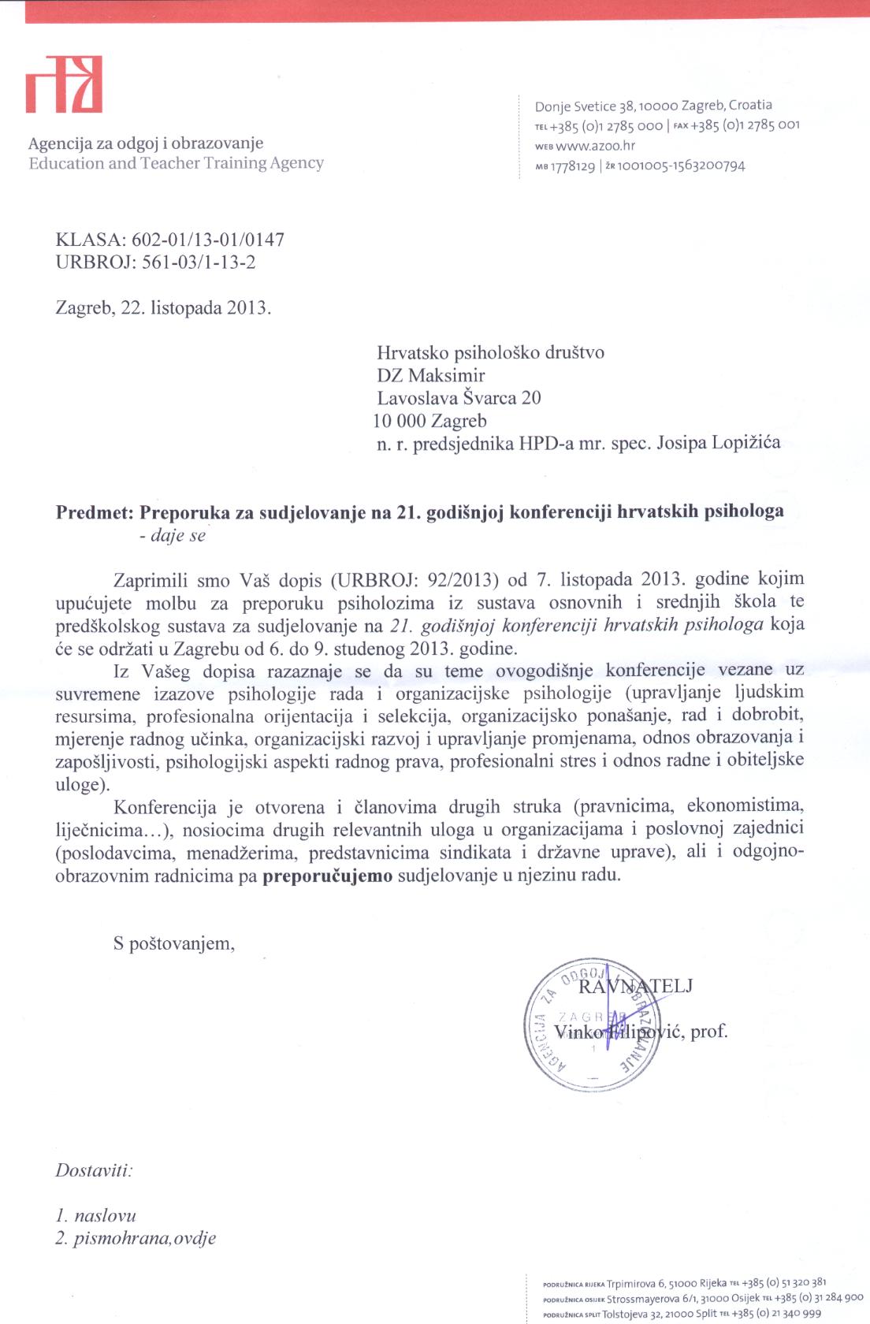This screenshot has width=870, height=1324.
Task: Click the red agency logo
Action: click(64, 84)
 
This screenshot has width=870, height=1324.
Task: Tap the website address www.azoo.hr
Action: click(595, 146)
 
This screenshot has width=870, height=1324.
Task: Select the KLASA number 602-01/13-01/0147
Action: click(207, 240)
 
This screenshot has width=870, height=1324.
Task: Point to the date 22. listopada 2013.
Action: click(196, 307)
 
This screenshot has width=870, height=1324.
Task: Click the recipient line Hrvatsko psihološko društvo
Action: click(490, 352)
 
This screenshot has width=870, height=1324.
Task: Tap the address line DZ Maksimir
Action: click(430, 375)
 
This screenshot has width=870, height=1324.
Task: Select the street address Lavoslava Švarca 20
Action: click(459, 398)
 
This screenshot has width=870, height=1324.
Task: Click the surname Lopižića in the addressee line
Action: click(745, 442)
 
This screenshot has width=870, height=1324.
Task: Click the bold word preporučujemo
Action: click(327, 876)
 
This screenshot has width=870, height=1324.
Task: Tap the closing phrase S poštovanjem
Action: click(173, 943)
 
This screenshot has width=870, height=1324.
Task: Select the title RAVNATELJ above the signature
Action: click(636, 986)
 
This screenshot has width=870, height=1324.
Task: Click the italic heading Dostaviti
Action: click(94, 1170)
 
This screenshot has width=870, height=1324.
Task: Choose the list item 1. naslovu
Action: click(95, 1215)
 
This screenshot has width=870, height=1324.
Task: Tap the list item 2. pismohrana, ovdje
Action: click(136, 1238)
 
